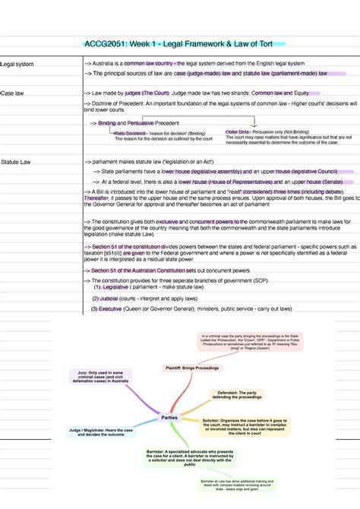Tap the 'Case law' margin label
tap(13, 93)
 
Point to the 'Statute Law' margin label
tap(16, 163)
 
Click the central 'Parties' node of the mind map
tap(169, 418)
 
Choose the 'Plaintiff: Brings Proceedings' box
tap(191, 368)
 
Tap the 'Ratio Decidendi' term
tap(129, 133)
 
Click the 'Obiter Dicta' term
tap(238, 132)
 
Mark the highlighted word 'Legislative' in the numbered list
tap(115, 287)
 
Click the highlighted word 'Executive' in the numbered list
tap(110, 309)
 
